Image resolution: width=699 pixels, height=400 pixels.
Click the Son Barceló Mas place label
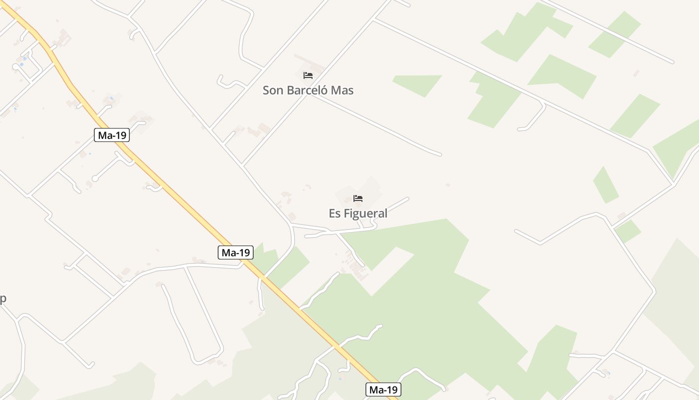[x=308, y=90]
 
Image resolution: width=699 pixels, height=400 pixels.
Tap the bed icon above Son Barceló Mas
[x=308, y=75]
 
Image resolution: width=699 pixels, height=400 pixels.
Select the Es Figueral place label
[x=358, y=213]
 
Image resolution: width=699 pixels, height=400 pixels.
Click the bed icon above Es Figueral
[x=358, y=198]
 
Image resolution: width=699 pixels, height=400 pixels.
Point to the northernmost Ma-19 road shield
[x=112, y=135]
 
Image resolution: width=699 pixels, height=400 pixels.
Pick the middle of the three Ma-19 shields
[x=236, y=252]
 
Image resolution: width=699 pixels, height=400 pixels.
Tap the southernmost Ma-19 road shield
[x=383, y=389]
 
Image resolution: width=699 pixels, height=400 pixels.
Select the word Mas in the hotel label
[x=345, y=90]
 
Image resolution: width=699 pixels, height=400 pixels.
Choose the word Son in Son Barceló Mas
[x=273, y=90]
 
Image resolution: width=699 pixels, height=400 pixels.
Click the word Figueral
[x=365, y=213]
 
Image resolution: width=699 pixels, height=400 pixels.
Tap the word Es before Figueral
[x=335, y=213]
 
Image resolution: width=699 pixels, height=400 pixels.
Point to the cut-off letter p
[x=2, y=299]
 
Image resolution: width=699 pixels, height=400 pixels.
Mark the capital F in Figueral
[x=347, y=213]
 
